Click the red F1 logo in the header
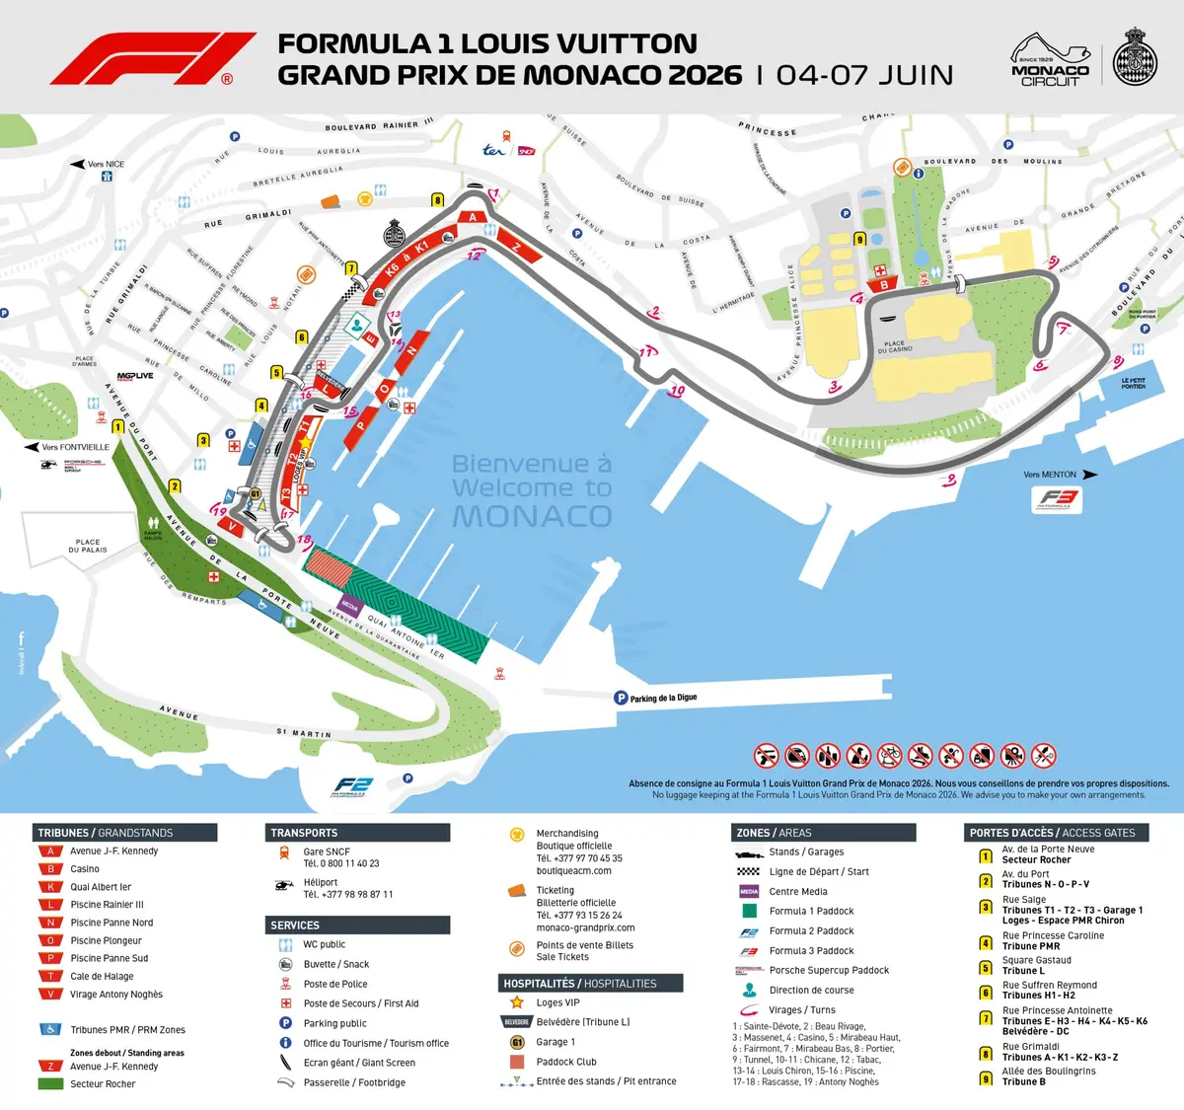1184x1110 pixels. point(153,59)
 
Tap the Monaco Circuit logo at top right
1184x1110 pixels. point(1050,60)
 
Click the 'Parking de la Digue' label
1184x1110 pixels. point(662,698)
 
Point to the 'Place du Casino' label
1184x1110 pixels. point(895,346)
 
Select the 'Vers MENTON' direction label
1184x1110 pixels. point(1050,475)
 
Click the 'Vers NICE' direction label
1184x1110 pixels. point(106,164)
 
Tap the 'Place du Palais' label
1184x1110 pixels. point(88,546)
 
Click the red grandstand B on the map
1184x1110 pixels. point(884,285)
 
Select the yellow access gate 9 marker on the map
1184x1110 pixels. point(859,239)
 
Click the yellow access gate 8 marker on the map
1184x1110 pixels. point(438,200)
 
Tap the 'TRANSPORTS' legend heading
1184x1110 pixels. point(304,833)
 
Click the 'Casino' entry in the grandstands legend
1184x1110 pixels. point(85,869)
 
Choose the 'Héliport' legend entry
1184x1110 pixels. point(321,882)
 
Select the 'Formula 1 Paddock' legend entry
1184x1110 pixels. point(811,911)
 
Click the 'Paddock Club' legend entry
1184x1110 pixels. point(566,1062)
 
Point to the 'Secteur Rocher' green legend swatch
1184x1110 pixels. point(50,1083)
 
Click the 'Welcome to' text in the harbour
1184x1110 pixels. point(531,488)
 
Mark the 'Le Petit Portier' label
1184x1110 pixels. point(1134,384)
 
